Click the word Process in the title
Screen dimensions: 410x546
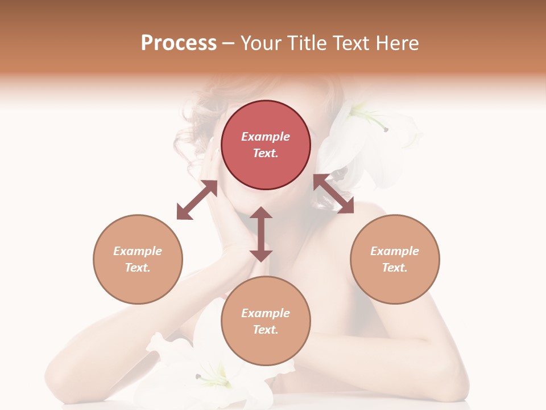179,43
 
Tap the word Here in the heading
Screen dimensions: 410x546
396,43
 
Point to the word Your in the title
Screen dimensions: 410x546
261,43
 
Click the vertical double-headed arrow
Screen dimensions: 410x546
261,234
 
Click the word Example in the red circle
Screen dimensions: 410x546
266,137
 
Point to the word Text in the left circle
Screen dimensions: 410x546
138,268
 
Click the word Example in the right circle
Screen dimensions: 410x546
395,251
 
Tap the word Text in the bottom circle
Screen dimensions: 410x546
266,330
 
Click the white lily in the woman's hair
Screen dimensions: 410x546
364,137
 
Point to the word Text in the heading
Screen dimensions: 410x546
354,43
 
